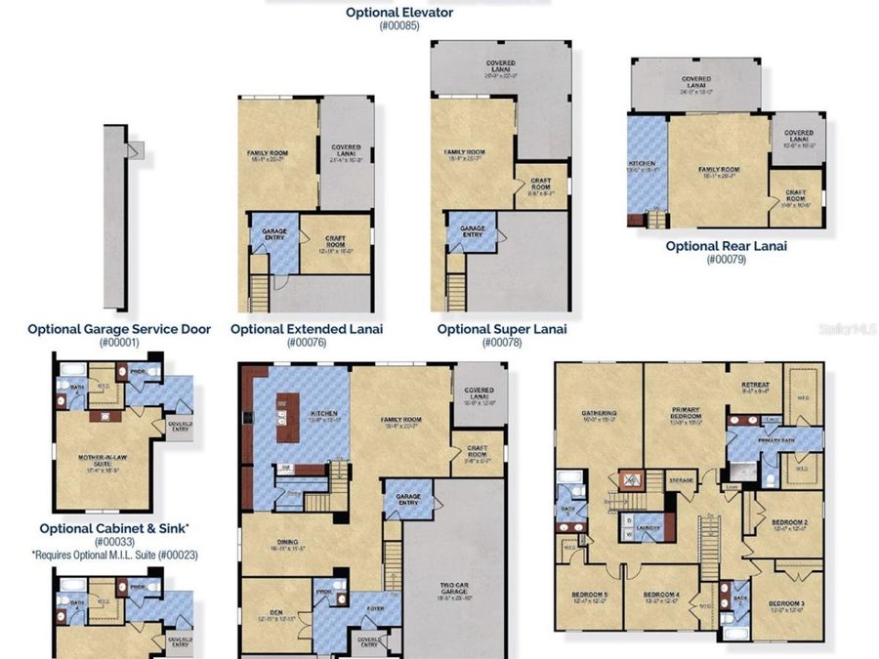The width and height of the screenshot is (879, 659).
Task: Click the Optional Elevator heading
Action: coord(398,13)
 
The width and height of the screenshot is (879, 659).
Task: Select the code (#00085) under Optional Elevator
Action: coord(398,26)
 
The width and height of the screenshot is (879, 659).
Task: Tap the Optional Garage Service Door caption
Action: coord(119,329)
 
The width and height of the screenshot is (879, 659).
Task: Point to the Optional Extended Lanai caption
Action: coord(307,329)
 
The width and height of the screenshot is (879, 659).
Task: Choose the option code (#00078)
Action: coord(502,343)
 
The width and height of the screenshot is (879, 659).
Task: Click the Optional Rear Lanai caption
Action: coord(726,246)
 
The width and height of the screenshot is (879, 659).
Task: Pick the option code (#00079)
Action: coord(726,260)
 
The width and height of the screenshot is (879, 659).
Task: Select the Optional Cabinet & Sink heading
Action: coord(114,528)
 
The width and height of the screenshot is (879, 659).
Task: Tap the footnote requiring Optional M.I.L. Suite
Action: coord(114,555)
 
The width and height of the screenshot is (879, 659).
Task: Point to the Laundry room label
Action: coord(648,528)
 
